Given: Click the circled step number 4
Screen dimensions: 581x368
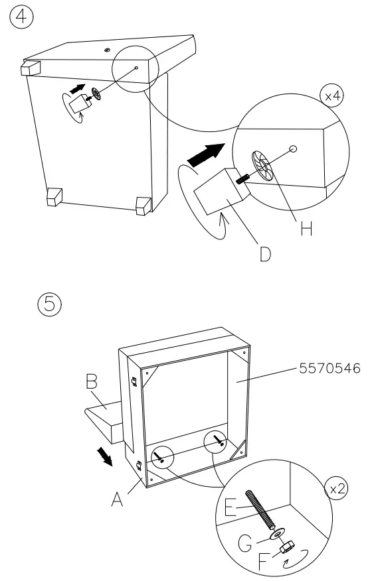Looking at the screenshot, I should tap(21, 18).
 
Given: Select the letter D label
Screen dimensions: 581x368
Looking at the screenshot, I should tap(265, 254).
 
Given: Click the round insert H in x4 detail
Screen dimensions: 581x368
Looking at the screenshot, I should tap(262, 166).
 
